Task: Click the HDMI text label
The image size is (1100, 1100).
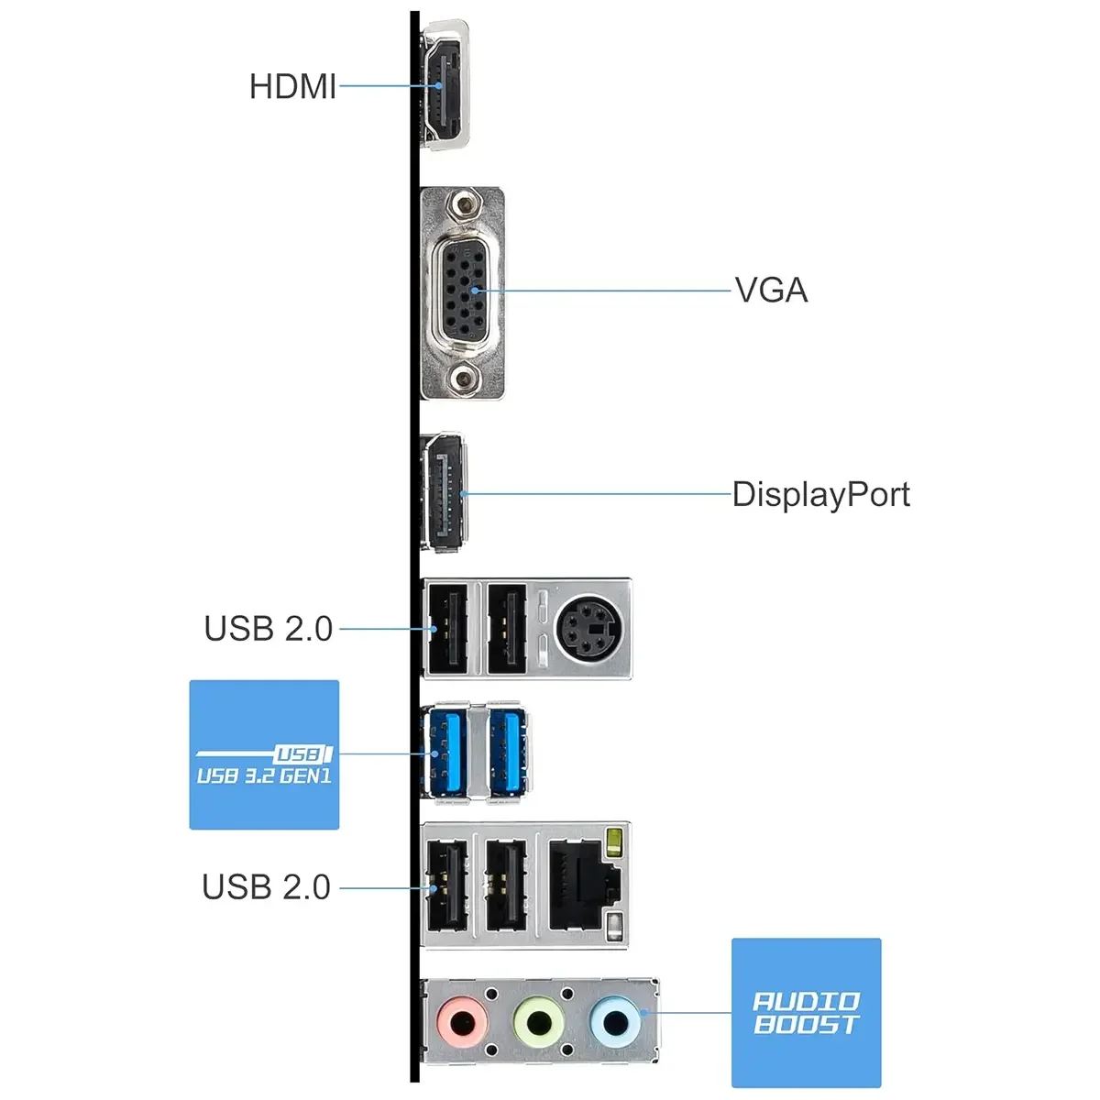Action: [292, 87]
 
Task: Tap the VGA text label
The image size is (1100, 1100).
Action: [771, 290]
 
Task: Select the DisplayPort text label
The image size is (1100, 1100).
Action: [820, 494]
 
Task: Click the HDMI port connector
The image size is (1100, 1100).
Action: [445, 85]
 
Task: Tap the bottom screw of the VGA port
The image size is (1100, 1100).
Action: [463, 378]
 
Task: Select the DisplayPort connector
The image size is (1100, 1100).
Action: [444, 492]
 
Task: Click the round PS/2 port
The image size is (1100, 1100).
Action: [589, 628]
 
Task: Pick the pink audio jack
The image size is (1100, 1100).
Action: [462, 1022]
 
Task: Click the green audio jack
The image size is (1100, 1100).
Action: [538, 1022]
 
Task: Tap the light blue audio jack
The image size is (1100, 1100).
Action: [615, 1022]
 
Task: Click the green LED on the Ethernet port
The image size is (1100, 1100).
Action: [614, 841]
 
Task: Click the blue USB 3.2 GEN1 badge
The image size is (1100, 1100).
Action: [264, 754]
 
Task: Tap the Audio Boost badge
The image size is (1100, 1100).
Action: [806, 1013]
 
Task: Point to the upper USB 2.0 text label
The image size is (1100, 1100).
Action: [269, 629]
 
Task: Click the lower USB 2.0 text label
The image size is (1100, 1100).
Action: [267, 887]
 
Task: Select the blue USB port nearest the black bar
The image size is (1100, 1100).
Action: [445, 753]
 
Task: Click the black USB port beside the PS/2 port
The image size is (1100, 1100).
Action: [507, 628]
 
